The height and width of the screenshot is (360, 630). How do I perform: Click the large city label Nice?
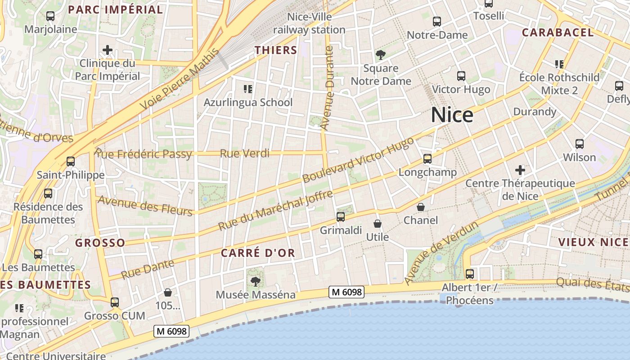452,115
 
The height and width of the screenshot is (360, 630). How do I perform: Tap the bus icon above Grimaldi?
341,217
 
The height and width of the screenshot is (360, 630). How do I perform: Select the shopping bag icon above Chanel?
420,207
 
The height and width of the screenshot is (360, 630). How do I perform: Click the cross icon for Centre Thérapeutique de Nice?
520,170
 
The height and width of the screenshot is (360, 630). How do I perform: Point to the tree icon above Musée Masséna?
256,282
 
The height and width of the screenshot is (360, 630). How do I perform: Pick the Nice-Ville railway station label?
310,23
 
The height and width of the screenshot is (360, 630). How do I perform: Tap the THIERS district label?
276,50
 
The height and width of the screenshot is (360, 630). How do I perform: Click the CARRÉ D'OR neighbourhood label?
258,253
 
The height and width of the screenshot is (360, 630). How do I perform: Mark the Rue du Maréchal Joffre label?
275,210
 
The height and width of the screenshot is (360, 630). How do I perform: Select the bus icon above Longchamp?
427,158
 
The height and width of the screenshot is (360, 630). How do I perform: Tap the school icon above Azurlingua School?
247,89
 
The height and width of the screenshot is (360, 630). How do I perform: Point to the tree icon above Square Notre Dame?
381,55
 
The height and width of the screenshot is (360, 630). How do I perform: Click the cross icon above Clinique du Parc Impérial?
108,49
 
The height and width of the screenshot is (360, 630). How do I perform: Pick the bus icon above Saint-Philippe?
70,161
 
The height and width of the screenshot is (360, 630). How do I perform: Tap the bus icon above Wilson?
580,144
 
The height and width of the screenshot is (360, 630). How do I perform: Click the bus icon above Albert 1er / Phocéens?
470,274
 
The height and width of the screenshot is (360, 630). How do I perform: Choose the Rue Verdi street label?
244,153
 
